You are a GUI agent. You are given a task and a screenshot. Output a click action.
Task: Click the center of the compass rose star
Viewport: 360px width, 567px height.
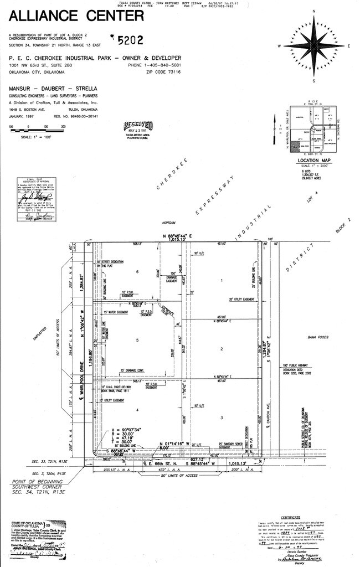[313, 45]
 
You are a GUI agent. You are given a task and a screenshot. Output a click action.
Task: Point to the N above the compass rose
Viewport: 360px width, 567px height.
[313, 11]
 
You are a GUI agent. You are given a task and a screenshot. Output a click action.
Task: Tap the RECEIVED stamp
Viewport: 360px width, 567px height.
[139, 125]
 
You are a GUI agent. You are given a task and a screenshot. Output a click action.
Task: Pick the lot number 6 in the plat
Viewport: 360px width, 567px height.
[136, 272]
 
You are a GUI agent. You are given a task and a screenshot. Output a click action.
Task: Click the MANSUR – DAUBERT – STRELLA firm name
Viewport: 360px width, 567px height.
[53, 89]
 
